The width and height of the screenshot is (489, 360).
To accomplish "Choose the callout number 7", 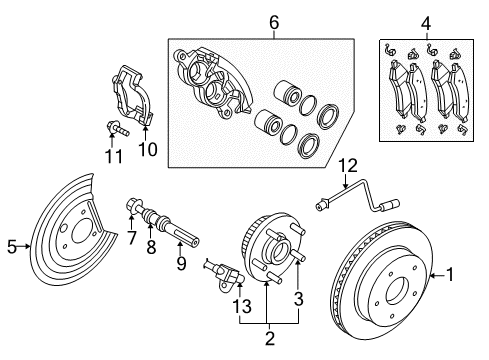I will click(129, 236).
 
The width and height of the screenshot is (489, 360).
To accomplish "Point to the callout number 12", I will click(347, 164).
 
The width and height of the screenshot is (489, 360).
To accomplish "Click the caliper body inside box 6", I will click(212, 85).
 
